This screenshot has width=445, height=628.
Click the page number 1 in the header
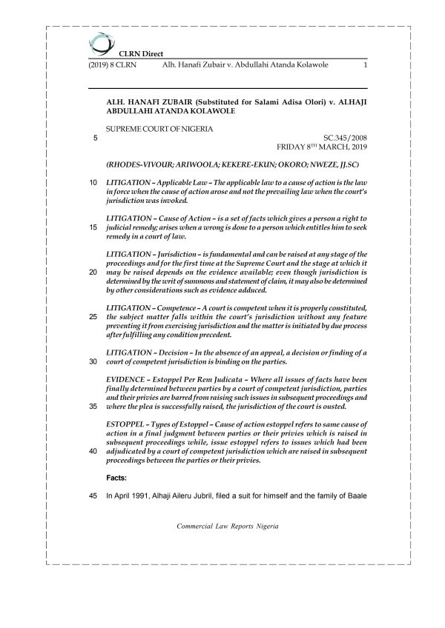pyautogui.click(x=366, y=66)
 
